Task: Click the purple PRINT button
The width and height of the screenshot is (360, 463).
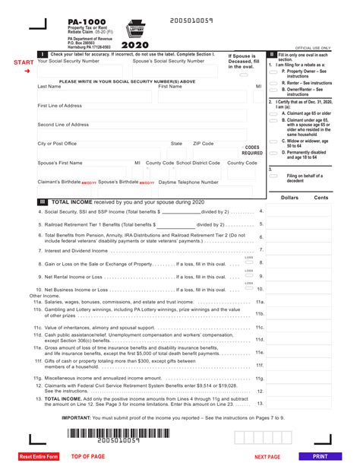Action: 319,456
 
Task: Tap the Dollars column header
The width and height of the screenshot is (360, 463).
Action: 289,197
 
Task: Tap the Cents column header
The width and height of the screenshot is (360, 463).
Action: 321,197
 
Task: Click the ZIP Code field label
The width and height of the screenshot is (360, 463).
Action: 203,143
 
